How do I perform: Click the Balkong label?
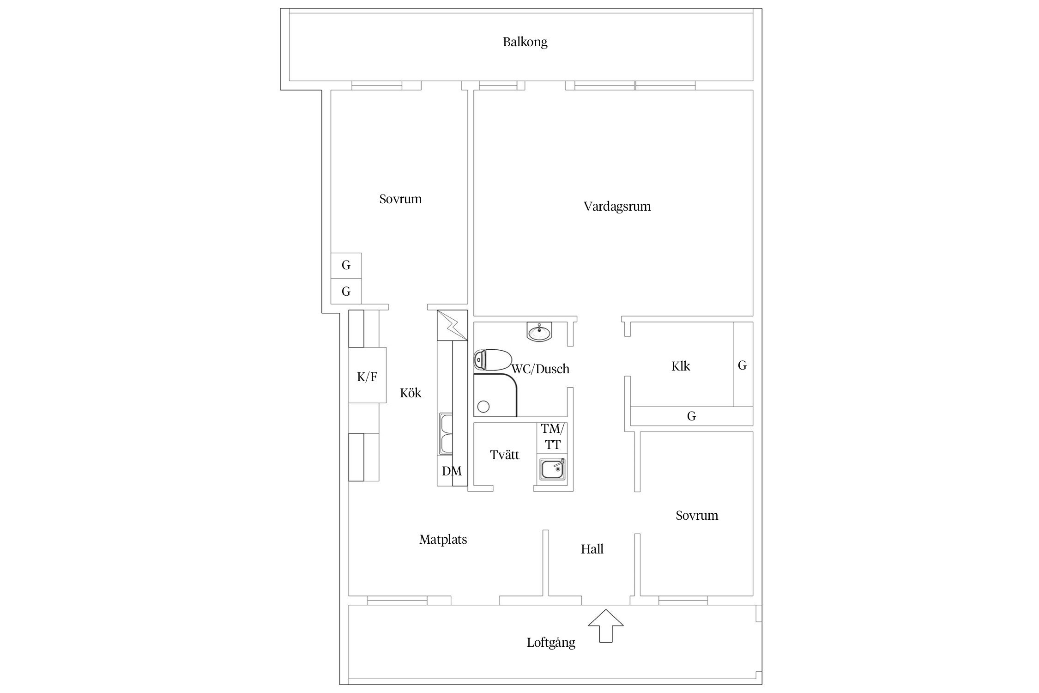coord(525,42)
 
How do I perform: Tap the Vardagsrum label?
coord(617,206)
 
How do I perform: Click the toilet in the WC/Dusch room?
coord(492,360)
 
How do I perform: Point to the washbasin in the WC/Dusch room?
coord(539,332)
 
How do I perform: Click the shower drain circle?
coord(483,407)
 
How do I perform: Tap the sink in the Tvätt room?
coord(552,469)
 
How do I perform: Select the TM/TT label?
coord(552,437)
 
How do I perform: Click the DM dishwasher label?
coord(452,471)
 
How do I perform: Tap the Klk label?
coord(681,366)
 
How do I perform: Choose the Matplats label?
coord(443,539)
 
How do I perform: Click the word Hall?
coord(592,549)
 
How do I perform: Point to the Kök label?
coord(411,393)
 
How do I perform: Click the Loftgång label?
coord(551,643)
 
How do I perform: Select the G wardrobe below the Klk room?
coord(691,416)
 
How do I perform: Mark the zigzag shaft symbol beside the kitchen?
coord(452,326)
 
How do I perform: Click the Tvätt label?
coord(505,455)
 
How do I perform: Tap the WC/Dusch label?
coord(540,369)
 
